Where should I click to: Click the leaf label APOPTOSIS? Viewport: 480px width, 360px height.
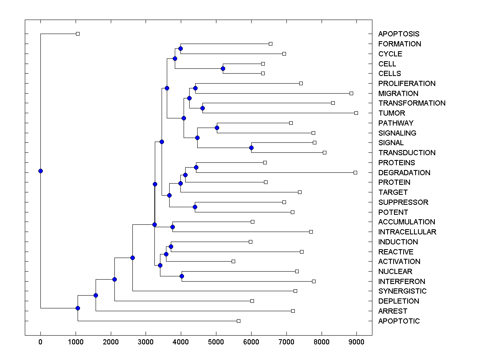click(399, 34)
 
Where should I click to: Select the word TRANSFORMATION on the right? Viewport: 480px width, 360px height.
click(412, 103)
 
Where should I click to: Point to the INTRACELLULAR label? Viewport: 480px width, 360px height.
click(407, 232)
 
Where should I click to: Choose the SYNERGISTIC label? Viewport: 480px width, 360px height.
click(402, 291)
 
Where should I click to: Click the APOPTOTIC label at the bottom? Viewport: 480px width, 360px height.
click(399, 321)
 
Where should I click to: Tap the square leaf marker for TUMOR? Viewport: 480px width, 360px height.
click(356, 113)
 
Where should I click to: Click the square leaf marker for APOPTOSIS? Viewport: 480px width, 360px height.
click(78, 34)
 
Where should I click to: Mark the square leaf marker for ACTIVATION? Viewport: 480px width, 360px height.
click(233, 261)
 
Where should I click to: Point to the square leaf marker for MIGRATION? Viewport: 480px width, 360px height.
click(351, 93)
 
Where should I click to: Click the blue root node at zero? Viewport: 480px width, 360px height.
click(40, 171)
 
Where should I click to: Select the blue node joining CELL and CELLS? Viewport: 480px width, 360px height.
click(223, 68)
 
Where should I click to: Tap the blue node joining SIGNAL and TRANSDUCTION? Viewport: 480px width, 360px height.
click(251, 148)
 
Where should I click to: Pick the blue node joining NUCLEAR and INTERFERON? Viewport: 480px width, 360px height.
click(182, 276)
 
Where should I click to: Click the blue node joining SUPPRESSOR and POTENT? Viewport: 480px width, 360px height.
click(195, 207)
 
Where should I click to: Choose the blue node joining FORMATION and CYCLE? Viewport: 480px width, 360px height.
click(180, 48)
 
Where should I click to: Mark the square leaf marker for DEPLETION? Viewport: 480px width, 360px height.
click(252, 301)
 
